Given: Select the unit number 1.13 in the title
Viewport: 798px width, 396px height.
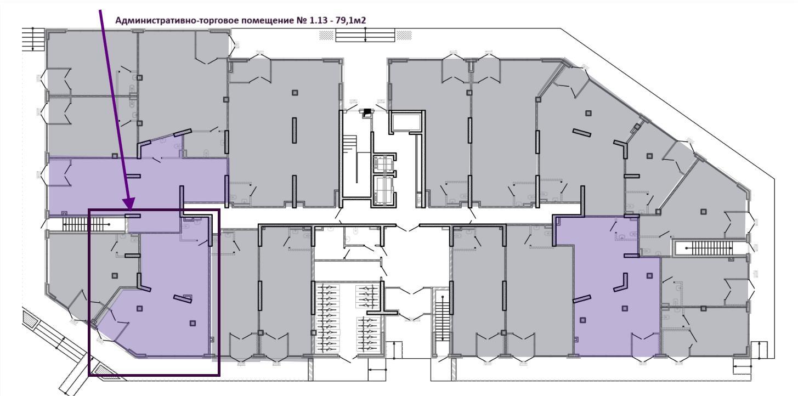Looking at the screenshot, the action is (318, 20).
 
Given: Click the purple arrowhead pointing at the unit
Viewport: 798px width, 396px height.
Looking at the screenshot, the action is (129, 203).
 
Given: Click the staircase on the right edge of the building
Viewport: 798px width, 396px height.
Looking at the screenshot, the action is (711, 248).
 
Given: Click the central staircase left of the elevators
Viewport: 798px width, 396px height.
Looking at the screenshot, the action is (350, 160).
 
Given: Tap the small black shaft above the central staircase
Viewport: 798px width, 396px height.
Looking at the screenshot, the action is (367, 113).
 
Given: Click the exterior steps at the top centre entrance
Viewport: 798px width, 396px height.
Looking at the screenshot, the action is (365, 35).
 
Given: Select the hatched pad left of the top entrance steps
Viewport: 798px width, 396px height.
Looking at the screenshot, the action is (326, 35).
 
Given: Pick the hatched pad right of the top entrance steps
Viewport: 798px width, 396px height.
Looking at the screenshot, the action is (404, 35).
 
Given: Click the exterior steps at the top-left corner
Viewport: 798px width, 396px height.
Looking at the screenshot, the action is (33, 39).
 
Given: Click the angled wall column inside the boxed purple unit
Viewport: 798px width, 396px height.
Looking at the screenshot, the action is (183, 298).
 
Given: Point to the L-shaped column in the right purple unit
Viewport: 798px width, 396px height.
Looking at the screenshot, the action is (621, 283).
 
